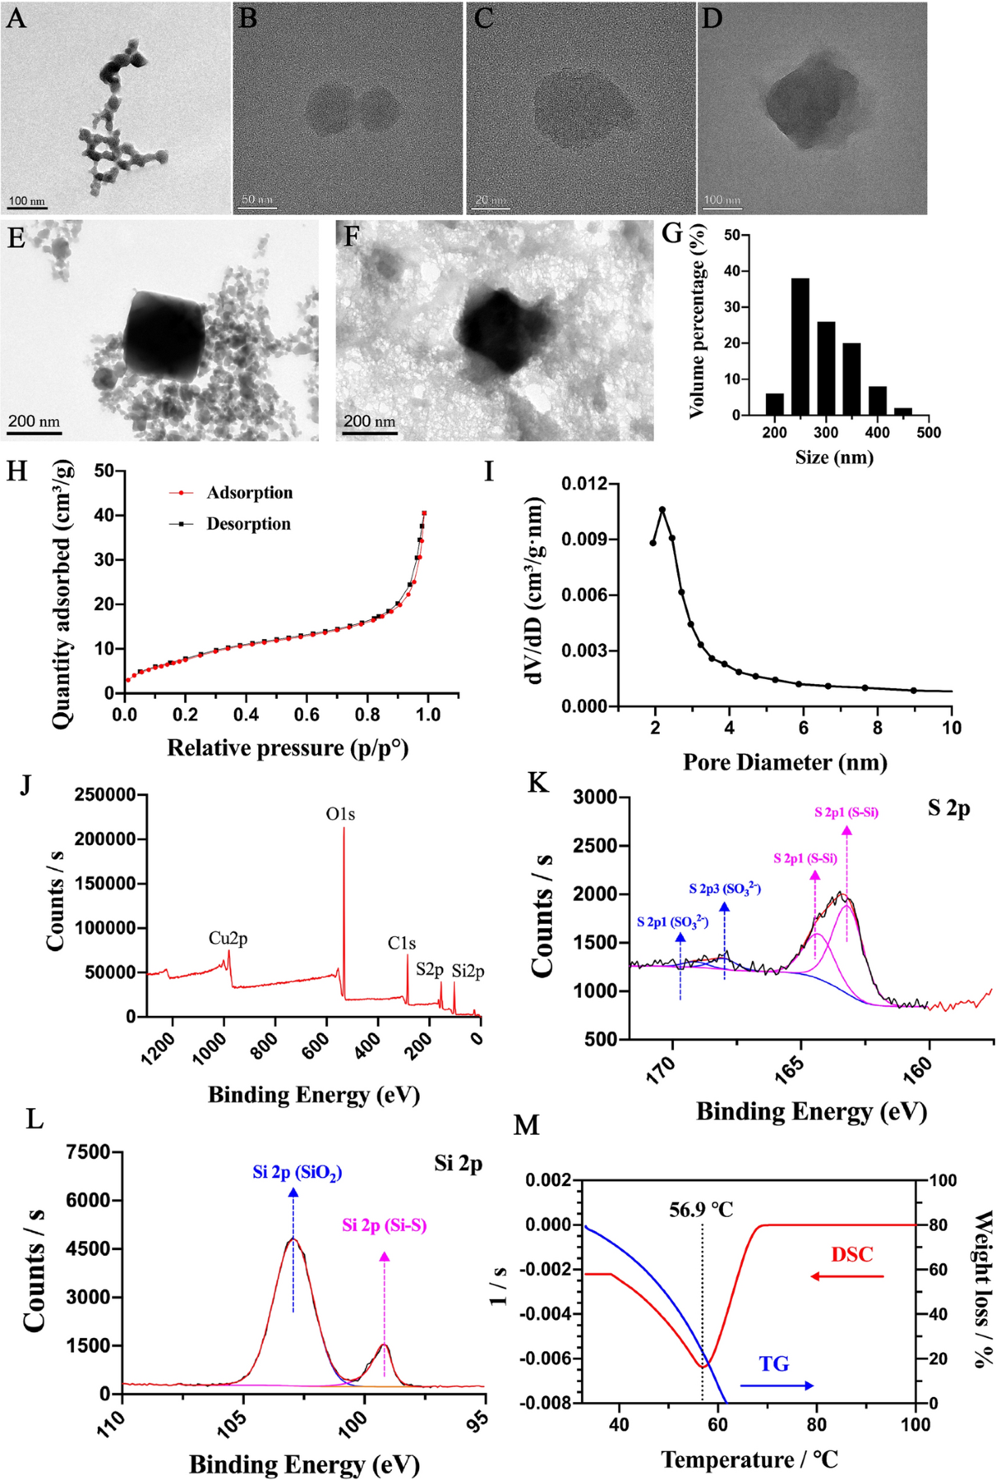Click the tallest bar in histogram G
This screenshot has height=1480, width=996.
click(800, 346)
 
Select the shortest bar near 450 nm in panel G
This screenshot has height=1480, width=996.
click(903, 411)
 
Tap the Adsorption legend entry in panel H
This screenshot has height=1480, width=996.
click(249, 493)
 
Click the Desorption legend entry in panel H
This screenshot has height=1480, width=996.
click(248, 524)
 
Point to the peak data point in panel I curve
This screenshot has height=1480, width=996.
click(662, 510)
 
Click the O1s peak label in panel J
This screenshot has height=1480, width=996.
click(340, 814)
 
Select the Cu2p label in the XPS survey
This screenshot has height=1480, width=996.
click(227, 938)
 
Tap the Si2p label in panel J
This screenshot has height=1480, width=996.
click(468, 971)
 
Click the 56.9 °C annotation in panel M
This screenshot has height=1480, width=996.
click(701, 1209)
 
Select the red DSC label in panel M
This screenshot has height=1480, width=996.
click(852, 1254)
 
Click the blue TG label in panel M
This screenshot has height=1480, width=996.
click(774, 1364)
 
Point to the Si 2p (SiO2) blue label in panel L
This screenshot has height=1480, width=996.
click(297, 1173)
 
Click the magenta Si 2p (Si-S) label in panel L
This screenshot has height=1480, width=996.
click(384, 1225)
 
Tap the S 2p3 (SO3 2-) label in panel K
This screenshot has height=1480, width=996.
click(725, 889)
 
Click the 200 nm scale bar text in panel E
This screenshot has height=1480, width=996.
click(34, 422)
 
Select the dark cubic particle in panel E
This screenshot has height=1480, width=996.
click(164, 335)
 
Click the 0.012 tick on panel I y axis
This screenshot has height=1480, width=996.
click(584, 483)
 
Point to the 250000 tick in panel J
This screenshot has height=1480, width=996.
click(105, 794)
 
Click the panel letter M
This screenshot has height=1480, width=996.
click(526, 1126)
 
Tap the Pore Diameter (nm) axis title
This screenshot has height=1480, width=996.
click(784, 762)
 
